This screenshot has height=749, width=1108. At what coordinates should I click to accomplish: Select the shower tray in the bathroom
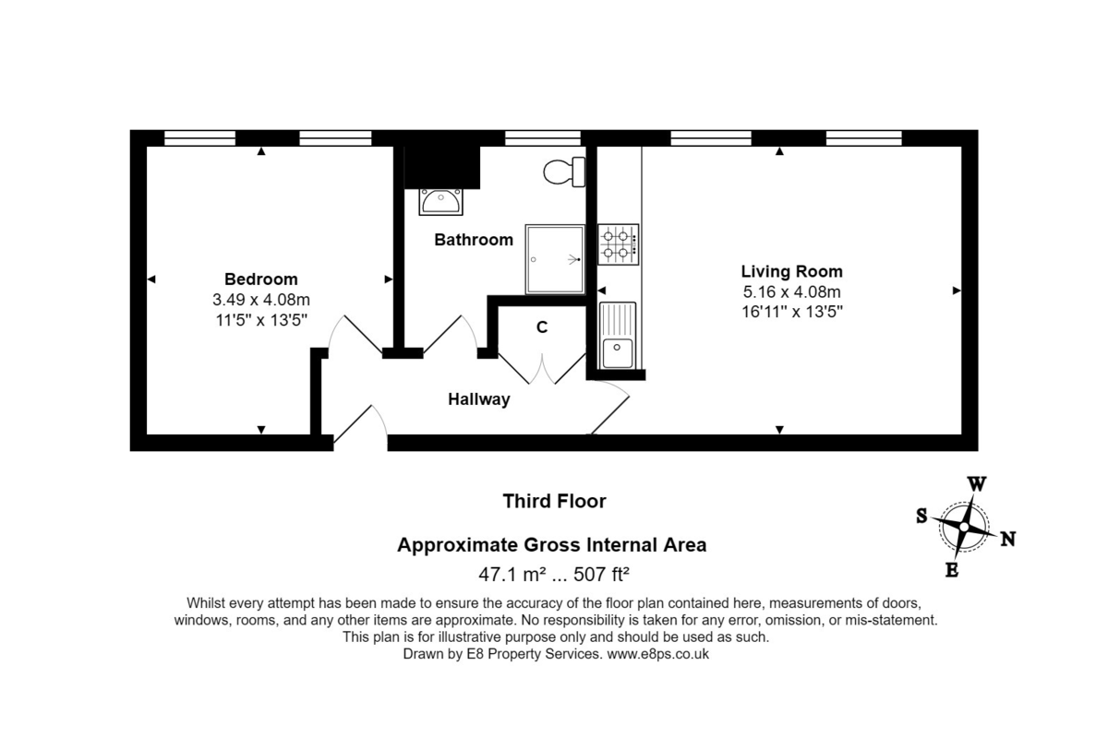[555, 259]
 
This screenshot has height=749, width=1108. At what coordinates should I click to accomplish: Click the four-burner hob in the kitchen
[618, 244]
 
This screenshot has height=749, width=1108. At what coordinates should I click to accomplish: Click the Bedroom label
[261, 279]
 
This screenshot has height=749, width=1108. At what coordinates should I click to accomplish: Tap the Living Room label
[791, 271]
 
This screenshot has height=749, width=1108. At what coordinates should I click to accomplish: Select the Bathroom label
[474, 240]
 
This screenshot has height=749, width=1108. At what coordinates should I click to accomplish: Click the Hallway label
[479, 399]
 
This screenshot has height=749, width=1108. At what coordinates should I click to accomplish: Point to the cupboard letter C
[542, 327]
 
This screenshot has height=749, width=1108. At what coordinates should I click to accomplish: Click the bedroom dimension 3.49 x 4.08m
[261, 300]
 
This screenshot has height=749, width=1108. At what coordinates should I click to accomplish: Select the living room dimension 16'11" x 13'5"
[792, 311]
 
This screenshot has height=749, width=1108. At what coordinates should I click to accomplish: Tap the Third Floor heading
[554, 501]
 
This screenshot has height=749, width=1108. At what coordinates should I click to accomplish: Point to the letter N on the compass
[1008, 540]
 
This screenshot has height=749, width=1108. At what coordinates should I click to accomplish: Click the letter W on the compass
[977, 484]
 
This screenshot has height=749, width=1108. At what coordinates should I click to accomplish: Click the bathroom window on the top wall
[543, 138]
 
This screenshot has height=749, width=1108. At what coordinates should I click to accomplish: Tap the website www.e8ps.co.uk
[657, 654]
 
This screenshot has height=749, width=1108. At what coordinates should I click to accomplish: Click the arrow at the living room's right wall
[957, 291]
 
